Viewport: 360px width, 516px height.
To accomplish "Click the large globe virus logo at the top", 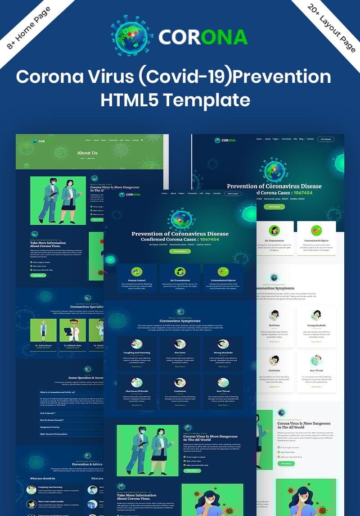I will (x=132, y=35).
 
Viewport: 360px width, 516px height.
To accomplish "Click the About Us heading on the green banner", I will (x=87, y=153).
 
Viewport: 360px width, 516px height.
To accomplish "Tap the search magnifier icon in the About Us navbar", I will (x=142, y=140).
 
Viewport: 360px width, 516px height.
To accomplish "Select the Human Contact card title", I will (x=136, y=280).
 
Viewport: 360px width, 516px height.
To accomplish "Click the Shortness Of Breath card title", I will (x=136, y=391).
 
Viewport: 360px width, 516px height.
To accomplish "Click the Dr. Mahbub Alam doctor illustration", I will (x=72, y=330).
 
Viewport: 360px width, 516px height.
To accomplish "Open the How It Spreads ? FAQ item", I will (x=48, y=413).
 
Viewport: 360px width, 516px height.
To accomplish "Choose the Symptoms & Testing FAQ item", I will (x=49, y=427).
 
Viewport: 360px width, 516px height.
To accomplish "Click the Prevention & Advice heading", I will (x=87, y=464).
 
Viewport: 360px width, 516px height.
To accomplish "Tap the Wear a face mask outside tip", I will (x=51, y=501).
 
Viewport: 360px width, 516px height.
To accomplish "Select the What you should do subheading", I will (x=43, y=478).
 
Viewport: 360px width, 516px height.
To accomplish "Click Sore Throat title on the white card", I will (x=316, y=371).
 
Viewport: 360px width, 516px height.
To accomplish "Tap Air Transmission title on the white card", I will (x=274, y=241).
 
